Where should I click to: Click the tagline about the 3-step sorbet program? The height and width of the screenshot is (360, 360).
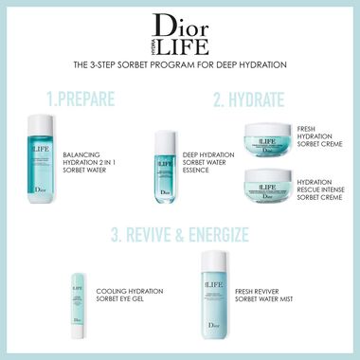[x=180, y=65]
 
